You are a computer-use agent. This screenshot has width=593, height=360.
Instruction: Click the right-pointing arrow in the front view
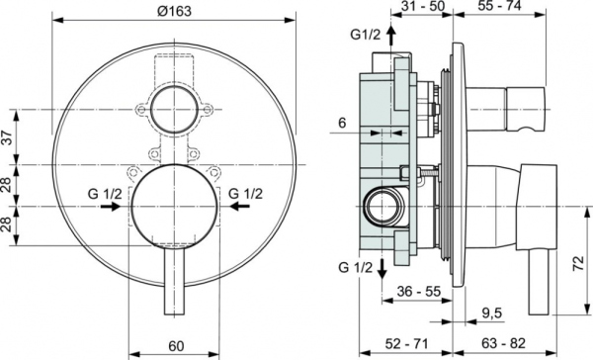coord(131,208)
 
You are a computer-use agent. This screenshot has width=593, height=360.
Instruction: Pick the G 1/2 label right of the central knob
coord(245,193)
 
